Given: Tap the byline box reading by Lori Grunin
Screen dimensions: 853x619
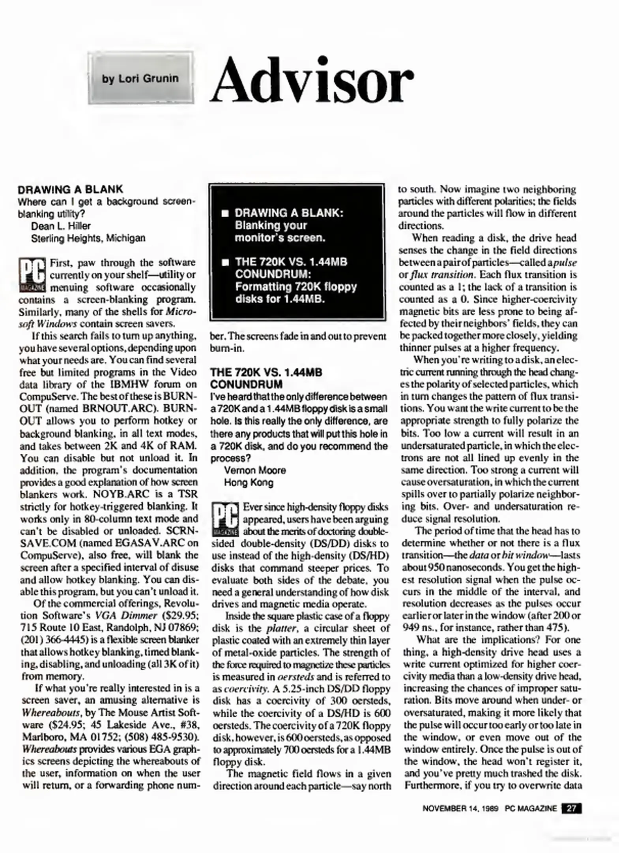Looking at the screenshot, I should [x=140, y=78].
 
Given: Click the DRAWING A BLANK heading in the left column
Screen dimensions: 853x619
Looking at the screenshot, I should [x=71, y=189].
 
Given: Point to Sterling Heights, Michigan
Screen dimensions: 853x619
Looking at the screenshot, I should [x=88, y=238].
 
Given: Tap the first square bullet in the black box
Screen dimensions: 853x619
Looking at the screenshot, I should [x=225, y=214].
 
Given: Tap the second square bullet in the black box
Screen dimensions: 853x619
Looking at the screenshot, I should [x=225, y=263].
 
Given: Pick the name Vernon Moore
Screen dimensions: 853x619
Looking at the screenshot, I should [x=255, y=470].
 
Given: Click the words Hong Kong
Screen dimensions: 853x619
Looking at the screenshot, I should [x=249, y=483].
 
